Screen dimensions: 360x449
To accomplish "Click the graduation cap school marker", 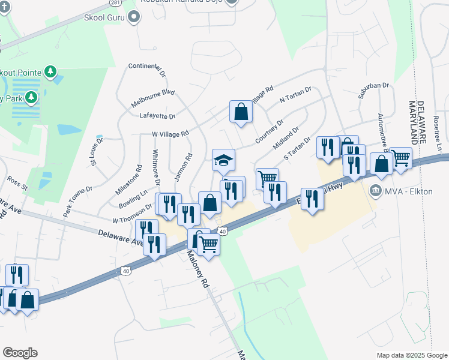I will pos(223,161).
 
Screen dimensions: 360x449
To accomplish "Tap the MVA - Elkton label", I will pos(402,192).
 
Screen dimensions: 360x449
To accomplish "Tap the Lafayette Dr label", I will pos(157,116).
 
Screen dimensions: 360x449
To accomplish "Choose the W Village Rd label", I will pos(170,134).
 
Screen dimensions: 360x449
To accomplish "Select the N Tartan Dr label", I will pos(296,97).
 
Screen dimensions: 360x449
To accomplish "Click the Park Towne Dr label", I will pos(77,200).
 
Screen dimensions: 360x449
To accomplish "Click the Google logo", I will pos(20,353).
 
